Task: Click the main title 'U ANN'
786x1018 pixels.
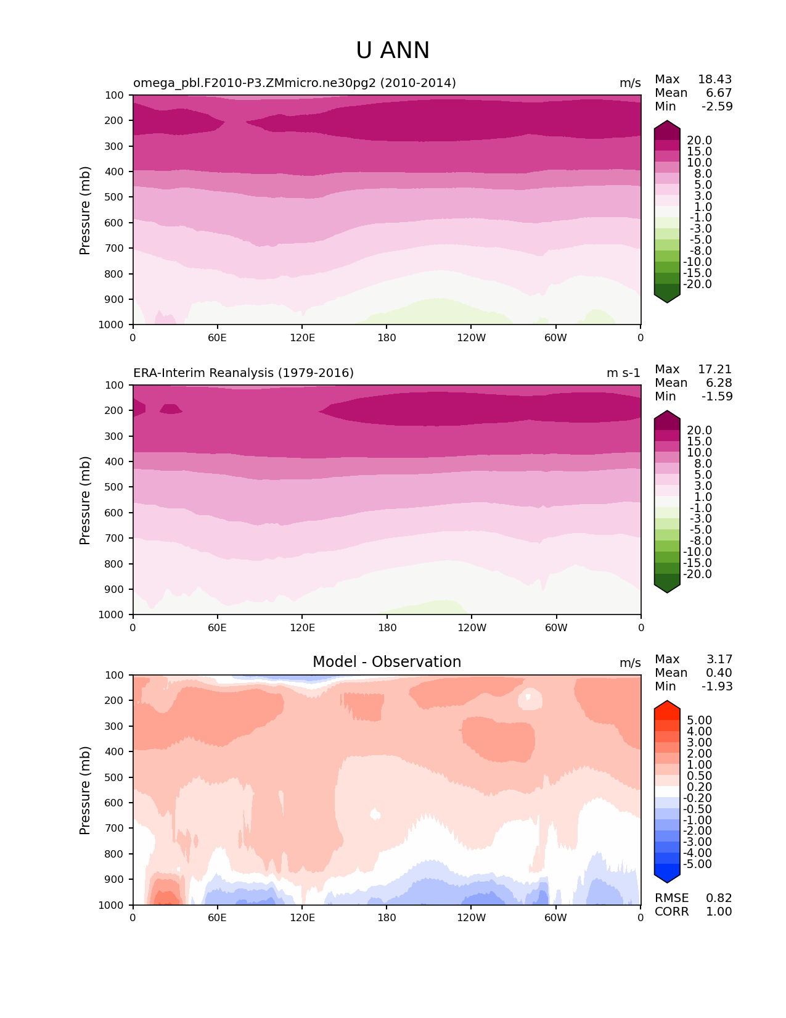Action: (x=393, y=51)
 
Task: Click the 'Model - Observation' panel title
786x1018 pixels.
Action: (x=387, y=662)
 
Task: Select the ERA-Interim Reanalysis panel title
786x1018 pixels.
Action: (x=244, y=373)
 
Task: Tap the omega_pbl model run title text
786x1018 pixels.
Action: (x=295, y=83)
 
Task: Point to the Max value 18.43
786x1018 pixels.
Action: (x=714, y=79)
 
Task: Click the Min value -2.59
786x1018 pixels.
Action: (x=717, y=106)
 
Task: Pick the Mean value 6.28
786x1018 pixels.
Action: (x=719, y=383)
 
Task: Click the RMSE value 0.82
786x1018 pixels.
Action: (x=719, y=898)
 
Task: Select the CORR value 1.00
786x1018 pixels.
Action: (x=719, y=911)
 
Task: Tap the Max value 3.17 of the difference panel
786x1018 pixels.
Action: (x=719, y=659)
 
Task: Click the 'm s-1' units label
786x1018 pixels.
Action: (x=623, y=373)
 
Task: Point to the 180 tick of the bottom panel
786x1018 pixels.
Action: (x=387, y=917)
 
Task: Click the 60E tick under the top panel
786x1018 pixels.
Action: (x=217, y=337)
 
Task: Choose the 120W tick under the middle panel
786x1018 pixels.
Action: (x=472, y=627)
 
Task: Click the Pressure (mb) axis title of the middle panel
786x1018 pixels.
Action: (x=85, y=500)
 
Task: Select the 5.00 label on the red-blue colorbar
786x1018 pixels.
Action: (x=699, y=720)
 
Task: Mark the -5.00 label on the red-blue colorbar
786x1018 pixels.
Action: (x=698, y=864)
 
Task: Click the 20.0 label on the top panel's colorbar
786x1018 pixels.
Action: (x=699, y=140)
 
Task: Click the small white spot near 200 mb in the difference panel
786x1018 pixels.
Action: (x=530, y=699)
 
